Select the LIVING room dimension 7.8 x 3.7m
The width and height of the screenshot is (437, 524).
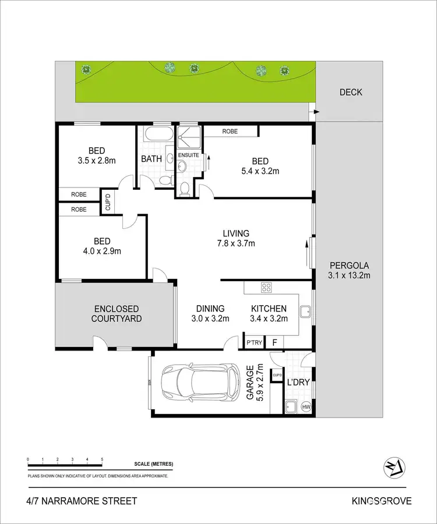[x=236, y=243]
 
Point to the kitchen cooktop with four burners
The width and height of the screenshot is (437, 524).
[x=266, y=287]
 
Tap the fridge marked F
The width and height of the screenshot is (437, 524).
[x=274, y=343]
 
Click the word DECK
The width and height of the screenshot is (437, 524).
[x=351, y=92]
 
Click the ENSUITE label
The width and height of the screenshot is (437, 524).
[x=188, y=155]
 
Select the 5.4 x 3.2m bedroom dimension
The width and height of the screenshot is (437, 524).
[x=260, y=171]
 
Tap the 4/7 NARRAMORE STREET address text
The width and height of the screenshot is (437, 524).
[x=82, y=501]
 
